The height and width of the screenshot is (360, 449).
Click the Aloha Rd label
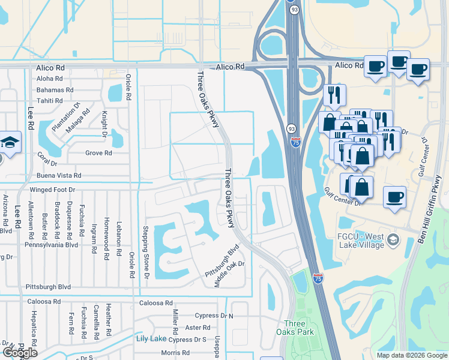coord(50,79)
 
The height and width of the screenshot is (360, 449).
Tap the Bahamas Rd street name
coord(55,90)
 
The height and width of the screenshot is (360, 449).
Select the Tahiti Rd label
coord(50,101)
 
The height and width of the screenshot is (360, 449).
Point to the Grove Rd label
coord(99,153)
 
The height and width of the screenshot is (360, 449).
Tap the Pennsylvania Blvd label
coord(52,245)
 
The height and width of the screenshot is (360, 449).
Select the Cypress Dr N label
coord(214,316)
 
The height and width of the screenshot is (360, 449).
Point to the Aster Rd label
coord(198,328)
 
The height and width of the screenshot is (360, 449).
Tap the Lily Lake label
coord(151,339)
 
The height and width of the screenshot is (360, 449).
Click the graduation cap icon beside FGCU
coord(393,241)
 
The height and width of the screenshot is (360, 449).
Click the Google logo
coord(20,353)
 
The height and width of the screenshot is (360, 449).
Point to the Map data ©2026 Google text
coord(411,355)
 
